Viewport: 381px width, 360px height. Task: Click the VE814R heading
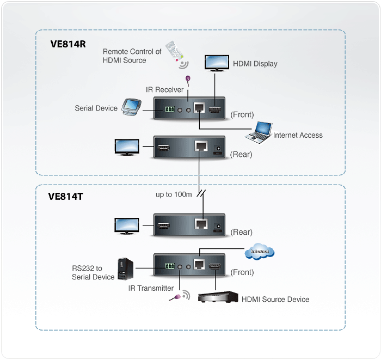pos(68,44)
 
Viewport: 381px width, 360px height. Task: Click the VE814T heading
pos(66,197)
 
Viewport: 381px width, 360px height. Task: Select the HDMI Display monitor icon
pos(217,63)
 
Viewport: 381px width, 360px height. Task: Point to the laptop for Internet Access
pos(259,133)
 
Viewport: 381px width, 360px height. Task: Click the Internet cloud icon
pos(260,251)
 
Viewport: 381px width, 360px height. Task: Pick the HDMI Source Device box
pos(218,297)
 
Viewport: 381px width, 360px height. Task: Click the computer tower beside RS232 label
pos(126,269)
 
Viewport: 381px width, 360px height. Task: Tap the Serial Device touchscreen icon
pos(132,107)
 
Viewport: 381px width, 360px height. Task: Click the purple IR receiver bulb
pos(188,78)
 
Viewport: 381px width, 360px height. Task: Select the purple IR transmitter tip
pos(178,297)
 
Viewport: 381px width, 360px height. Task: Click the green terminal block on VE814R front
pos(170,109)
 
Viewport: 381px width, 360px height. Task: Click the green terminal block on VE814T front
pos(170,266)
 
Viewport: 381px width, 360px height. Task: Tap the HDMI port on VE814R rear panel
pos(163,148)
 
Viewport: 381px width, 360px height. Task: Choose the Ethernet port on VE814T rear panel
pos(201,224)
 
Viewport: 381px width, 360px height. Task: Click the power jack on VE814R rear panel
pos(218,149)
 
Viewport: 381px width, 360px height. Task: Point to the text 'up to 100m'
pos(174,194)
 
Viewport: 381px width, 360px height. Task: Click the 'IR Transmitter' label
pos(151,288)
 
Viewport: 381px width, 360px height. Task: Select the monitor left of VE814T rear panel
pos(127,226)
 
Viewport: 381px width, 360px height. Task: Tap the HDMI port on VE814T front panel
pos(215,266)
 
